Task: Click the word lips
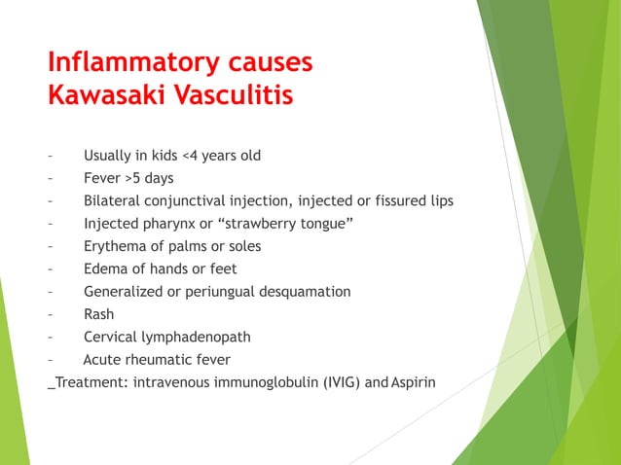coord(439,200)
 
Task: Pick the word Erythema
coord(116,246)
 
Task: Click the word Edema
coord(104,268)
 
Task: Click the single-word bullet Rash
coord(98,314)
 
